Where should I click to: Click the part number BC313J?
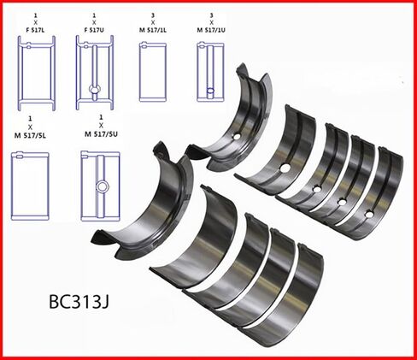pos(79,301)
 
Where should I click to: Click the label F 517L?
pos(35,30)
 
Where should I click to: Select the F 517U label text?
pos(94,30)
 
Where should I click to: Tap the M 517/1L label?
pos(153,30)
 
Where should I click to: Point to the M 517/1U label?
pos(211,30)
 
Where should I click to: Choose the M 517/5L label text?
pos(30,136)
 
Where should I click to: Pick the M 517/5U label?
pos(101,134)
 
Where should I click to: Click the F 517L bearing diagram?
pos(37,73)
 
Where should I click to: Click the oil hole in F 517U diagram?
pos(95,89)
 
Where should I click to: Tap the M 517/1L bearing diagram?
pos(153,72)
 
